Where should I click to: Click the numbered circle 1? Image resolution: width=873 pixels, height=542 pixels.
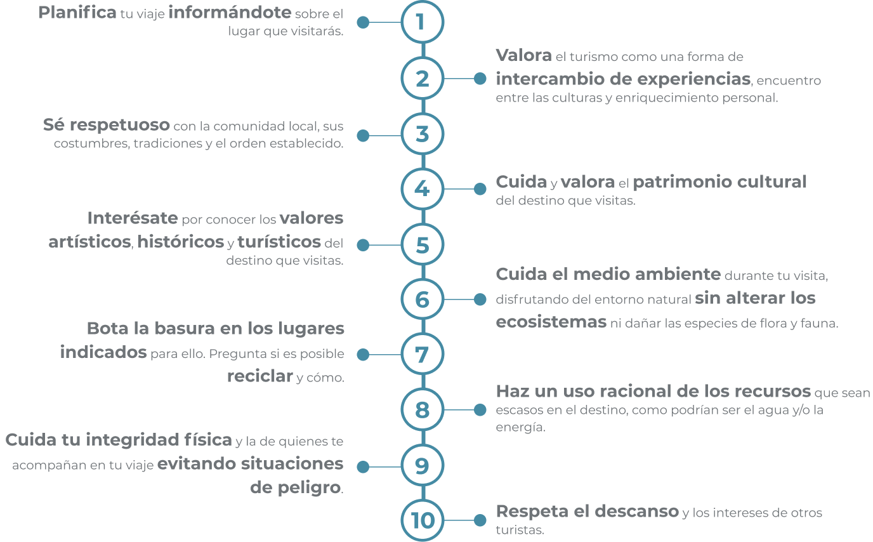click(x=423, y=22)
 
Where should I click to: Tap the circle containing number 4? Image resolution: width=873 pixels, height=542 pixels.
click(x=423, y=189)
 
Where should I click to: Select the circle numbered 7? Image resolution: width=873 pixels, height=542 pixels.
click(x=423, y=354)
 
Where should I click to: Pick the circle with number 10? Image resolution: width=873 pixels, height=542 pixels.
click(x=423, y=520)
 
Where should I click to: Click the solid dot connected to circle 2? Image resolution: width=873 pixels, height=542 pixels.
click(x=480, y=78)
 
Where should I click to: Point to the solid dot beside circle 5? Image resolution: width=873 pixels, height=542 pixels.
click(x=363, y=245)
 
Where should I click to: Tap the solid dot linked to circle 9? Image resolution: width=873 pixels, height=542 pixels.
click(x=363, y=466)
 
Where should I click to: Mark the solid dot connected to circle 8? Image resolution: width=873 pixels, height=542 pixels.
click(x=480, y=410)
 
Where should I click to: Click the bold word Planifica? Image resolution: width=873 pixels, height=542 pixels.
click(x=77, y=13)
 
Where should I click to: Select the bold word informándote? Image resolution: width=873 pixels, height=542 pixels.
click(x=230, y=13)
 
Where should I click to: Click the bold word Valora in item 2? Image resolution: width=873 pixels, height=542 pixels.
click(x=524, y=55)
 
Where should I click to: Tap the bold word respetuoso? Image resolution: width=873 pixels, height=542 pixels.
click(x=120, y=126)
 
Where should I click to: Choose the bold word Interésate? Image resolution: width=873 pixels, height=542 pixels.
click(x=133, y=218)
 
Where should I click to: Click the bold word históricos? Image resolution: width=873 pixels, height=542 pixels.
click(x=180, y=241)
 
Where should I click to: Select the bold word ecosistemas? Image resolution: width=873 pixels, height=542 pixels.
click(x=551, y=322)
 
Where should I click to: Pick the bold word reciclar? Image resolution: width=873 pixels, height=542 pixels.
click(x=260, y=376)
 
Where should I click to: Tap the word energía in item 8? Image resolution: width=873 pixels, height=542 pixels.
click(x=520, y=427)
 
